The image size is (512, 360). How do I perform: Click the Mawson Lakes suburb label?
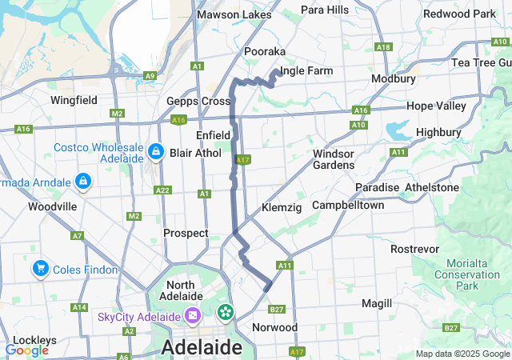(x=234, y=14)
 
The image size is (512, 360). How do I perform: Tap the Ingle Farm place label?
(x=306, y=71)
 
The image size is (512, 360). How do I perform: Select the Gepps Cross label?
(x=198, y=101)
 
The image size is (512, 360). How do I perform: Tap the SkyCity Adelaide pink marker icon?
(x=192, y=317)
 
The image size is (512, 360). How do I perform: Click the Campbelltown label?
(x=348, y=205)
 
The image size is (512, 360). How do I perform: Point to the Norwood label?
(x=274, y=327)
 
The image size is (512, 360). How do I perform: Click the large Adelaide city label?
(x=202, y=347)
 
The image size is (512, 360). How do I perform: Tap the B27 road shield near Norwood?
(x=277, y=310)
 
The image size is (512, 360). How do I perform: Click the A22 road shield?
(x=163, y=190)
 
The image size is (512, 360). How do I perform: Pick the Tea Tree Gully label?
(x=481, y=62)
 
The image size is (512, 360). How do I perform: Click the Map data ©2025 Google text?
(x=462, y=354)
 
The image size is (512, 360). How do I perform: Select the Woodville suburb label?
(x=52, y=206)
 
